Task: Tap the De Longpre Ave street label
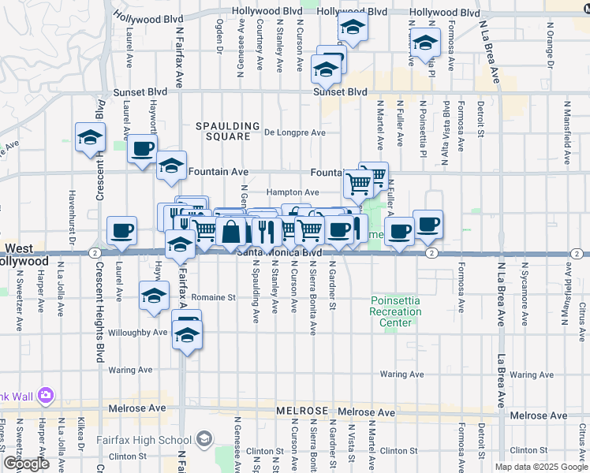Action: pos(295,132)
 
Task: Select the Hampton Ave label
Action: pos(292,192)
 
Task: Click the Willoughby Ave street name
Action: pos(138,333)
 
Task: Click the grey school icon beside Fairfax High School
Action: pos(204,438)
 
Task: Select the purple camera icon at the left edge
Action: pos(46,394)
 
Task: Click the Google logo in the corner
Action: pos(26,464)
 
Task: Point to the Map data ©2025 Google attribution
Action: pos(541,467)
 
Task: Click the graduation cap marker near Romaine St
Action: pos(154,296)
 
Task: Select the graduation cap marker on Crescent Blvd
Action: pos(91,137)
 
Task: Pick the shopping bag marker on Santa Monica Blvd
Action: pos(233,232)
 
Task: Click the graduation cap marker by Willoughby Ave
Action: pos(187,336)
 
